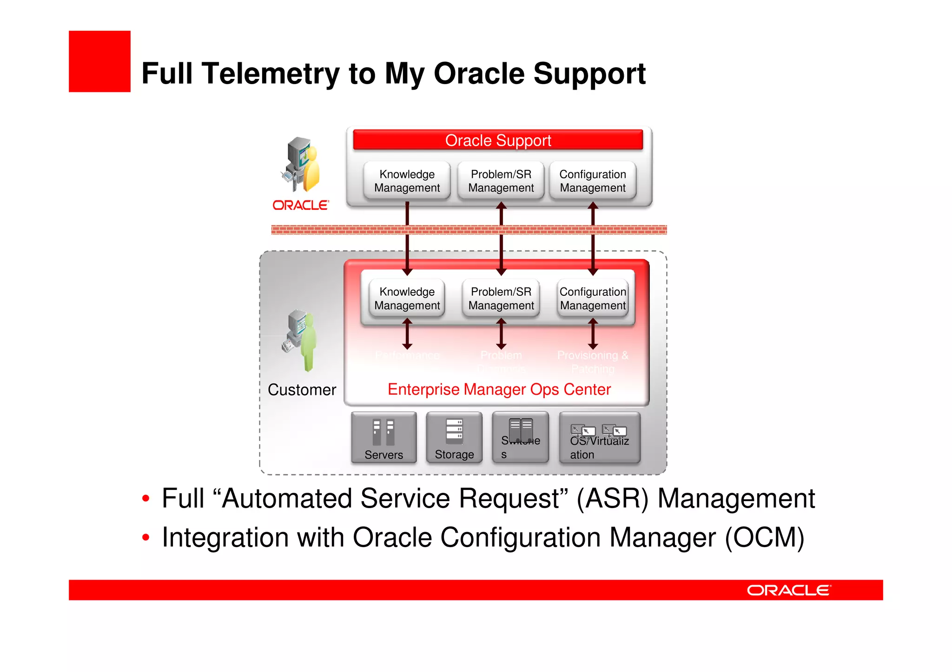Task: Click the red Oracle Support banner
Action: (498, 140)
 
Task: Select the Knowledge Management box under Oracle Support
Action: (407, 181)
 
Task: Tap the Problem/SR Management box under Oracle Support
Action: (501, 181)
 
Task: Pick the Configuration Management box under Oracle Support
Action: (592, 181)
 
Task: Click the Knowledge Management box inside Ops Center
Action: (407, 298)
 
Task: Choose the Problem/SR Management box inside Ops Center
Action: (501, 298)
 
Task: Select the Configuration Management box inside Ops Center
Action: (593, 298)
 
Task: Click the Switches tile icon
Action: (521, 430)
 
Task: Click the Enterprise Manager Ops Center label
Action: (499, 389)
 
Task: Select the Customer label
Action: (302, 390)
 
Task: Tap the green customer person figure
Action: (308, 344)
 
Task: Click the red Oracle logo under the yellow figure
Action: (300, 205)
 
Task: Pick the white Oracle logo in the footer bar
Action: (788, 590)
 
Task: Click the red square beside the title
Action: (99, 61)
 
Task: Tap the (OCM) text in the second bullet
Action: (764, 537)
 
